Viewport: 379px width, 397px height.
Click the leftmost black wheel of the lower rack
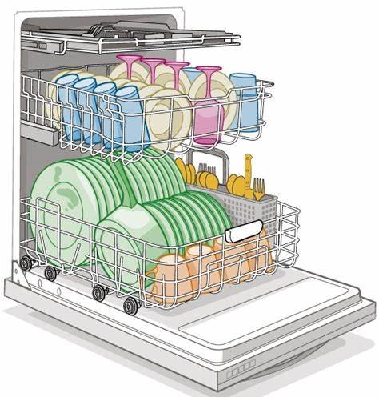tap(26, 263)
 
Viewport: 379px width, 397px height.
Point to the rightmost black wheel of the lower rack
tap(130, 304)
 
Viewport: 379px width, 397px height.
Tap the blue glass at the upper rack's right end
tap(246, 100)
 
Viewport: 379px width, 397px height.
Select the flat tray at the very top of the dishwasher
tap(128, 35)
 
